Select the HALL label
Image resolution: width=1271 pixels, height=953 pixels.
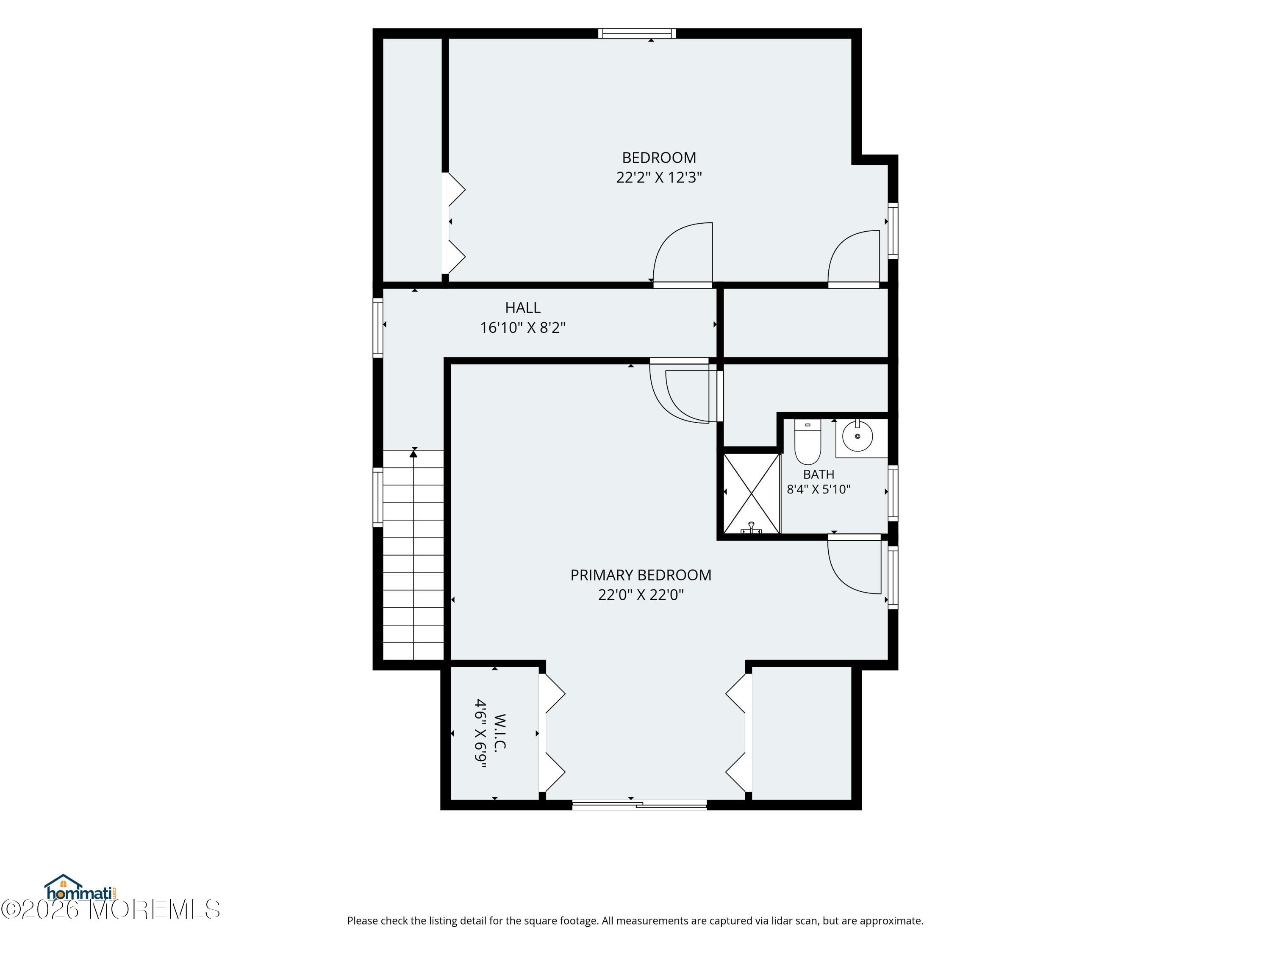coord(522,308)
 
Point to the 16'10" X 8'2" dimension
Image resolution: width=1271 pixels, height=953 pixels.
coord(522,327)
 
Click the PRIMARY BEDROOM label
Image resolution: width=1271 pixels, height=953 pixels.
coord(640,575)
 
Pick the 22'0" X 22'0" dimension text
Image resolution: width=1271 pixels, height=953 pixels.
coord(640,595)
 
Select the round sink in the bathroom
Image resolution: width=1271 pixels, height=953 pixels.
coord(858,437)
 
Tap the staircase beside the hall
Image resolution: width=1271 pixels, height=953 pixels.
coord(413,555)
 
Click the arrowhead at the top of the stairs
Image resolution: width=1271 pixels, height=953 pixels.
coord(413,454)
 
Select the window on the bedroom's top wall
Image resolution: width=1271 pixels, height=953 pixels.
coord(637,33)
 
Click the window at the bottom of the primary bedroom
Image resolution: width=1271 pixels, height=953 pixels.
coord(639,805)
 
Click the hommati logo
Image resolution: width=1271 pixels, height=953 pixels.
coord(81,889)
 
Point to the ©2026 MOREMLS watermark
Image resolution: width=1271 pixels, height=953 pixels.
coord(110,909)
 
